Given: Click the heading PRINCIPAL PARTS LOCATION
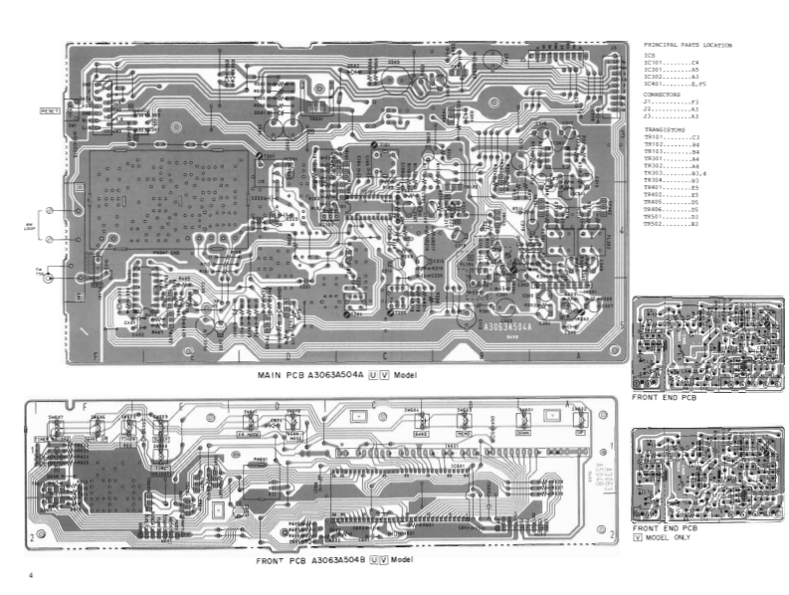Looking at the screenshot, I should [x=688, y=45].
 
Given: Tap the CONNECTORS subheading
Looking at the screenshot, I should [x=663, y=94].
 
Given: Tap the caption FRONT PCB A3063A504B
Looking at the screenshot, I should [x=311, y=561].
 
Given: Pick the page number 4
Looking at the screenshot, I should [x=31, y=575].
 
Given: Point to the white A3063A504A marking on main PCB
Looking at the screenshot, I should [x=507, y=325].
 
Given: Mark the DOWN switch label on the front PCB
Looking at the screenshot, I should [x=524, y=434].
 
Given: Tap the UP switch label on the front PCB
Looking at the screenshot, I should [x=579, y=434].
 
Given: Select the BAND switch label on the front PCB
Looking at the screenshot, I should [x=420, y=434].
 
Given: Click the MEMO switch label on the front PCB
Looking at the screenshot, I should [x=464, y=434].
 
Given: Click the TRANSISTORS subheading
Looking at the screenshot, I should [x=664, y=129].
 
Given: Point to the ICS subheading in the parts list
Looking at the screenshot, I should [x=650, y=55].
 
